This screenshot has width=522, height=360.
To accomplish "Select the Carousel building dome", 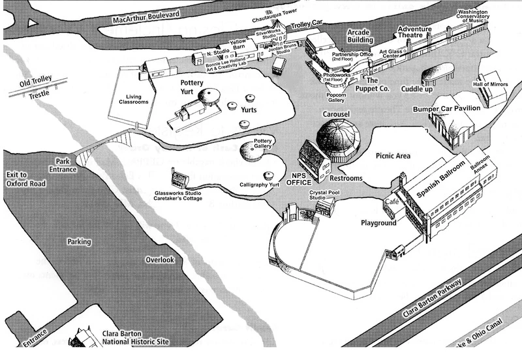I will (x=338, y=138).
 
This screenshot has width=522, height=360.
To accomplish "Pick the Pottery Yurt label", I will (x=192, y=88).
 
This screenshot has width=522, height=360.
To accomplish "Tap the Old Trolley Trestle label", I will (x=33, y=89).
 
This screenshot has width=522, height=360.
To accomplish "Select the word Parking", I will (x=79, y=241).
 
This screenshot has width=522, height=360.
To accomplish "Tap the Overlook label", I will (x=160, y=259).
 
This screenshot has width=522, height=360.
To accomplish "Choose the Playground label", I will (x=378, y=223).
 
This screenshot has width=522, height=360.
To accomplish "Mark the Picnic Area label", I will (x=393, y=156).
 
